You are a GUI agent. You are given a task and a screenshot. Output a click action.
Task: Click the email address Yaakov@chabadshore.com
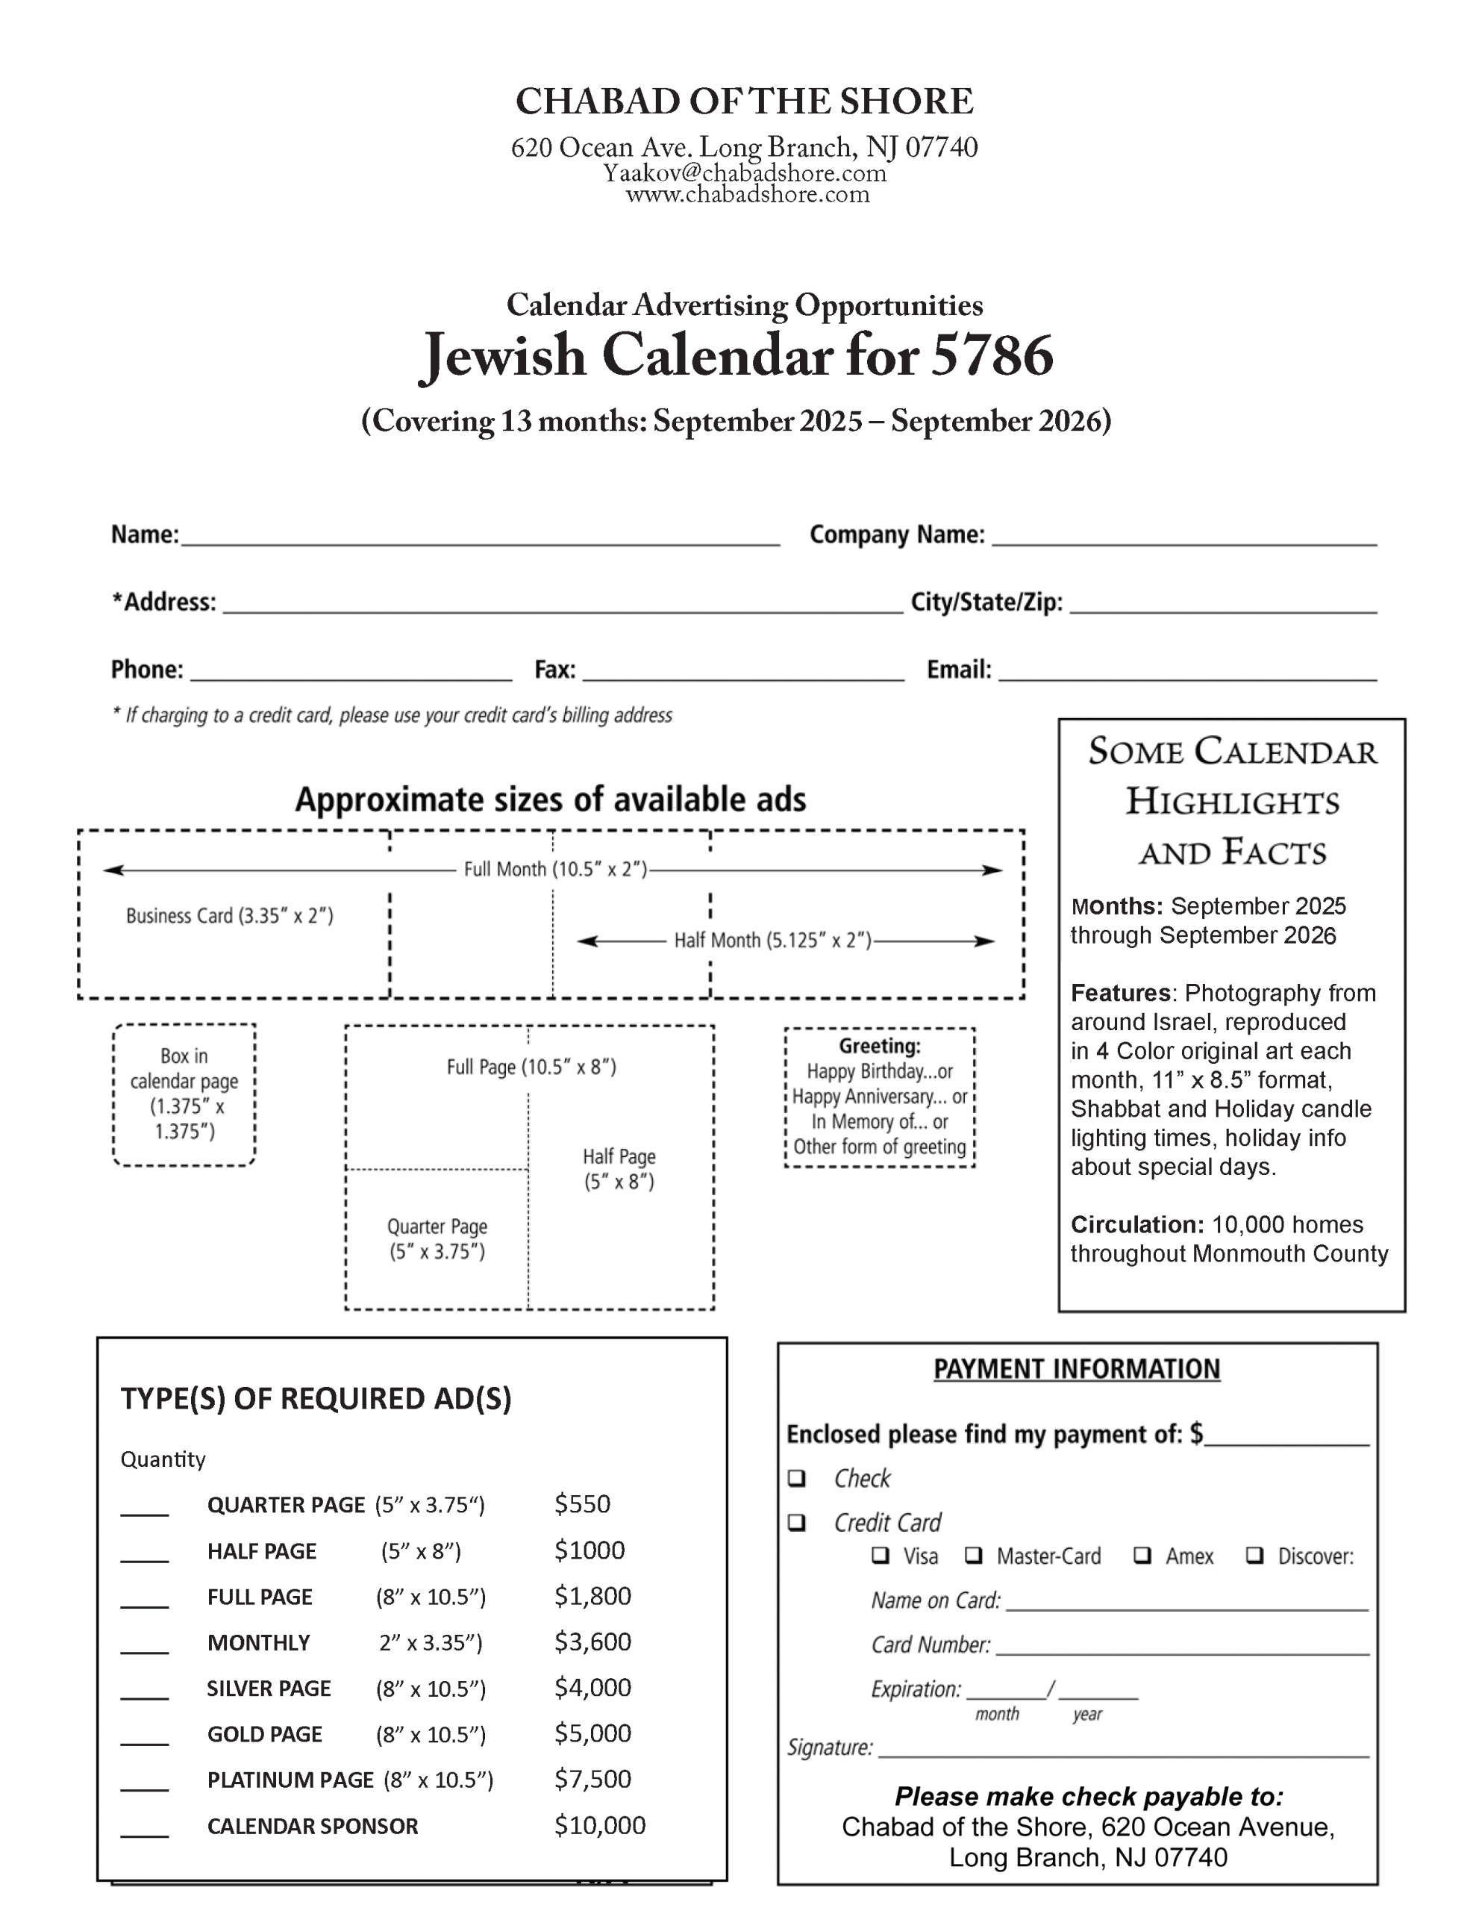[744, 173]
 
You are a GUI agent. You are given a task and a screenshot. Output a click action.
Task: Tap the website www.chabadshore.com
[747, 194]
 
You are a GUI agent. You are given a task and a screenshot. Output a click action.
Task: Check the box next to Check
[796, 1478]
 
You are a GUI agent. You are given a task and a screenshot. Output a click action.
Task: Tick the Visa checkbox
[881, 1555]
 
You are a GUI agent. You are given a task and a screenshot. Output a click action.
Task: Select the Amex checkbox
[1142, 1555]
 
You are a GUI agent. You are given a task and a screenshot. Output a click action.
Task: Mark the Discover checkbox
[1254, 1555]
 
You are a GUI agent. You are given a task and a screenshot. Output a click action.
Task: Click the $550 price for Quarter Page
[582, 1504]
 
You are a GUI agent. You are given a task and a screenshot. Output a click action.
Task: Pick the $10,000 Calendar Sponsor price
[599, 1825]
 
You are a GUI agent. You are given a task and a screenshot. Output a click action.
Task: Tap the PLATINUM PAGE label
[290, 1780]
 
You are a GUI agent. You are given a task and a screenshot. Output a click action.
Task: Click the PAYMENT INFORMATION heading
[1076, 1369]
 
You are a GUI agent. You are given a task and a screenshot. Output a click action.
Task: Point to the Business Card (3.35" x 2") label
[229, 916]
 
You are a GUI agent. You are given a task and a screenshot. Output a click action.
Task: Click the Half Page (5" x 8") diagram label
[619, 1169]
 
